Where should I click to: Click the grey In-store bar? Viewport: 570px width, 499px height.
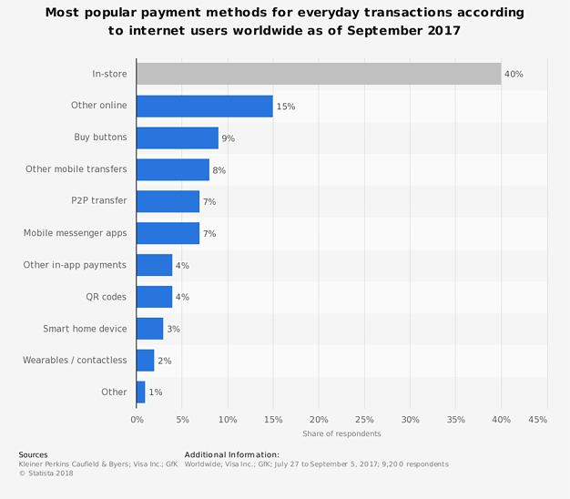319,74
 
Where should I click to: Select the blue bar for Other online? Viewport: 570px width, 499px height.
205,106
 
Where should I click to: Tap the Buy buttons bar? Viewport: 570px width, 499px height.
178,137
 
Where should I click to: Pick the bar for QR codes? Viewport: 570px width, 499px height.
154,297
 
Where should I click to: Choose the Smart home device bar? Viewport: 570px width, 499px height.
149,329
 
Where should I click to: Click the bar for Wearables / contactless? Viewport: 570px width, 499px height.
145,361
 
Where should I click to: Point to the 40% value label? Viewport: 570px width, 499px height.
514,74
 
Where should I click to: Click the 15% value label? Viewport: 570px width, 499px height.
286,107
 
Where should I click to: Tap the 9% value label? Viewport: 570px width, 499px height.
228,138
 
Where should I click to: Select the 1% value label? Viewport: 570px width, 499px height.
155,392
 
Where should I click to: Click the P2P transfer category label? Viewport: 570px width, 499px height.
99,200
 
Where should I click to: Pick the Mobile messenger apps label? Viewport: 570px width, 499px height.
76,232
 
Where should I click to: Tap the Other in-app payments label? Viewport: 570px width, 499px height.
76,264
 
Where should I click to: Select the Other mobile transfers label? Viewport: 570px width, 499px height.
76,168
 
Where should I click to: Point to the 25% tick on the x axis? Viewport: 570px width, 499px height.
364,419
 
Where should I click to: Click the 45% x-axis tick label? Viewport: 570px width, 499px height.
537,419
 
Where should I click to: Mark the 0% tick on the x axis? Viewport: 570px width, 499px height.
137,419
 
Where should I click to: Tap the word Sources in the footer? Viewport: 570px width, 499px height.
33,454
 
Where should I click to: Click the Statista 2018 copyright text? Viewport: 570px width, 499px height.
47,474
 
